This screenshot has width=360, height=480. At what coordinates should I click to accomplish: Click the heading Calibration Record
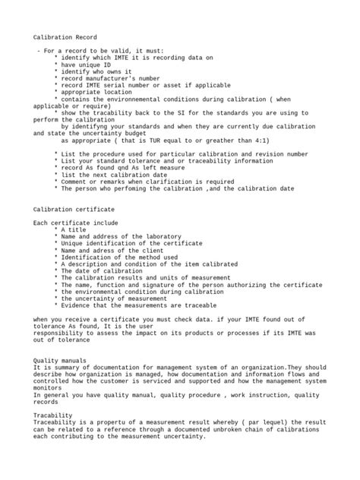(x=65, y=36)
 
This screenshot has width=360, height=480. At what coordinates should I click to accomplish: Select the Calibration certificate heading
(x=74, y=208)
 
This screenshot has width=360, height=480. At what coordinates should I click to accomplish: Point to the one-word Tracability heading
(x=53, y=415)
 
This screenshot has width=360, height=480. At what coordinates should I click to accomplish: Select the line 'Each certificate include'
(x=76, y=223)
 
